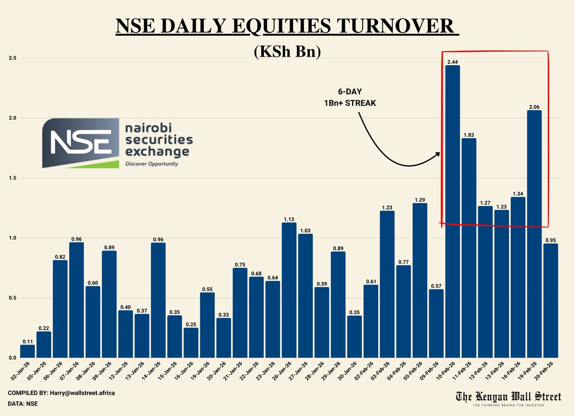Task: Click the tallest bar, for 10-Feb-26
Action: click(x=452, y=211)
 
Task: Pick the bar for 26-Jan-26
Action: click(x=289, y=290)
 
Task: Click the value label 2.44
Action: click(x=452, y=62)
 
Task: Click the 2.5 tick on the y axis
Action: click(x=12, y=58)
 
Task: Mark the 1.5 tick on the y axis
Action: click(x=12, y=178)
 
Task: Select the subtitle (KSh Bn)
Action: click(x=287, y=51)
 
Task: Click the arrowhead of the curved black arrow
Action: click(x=437, y=154)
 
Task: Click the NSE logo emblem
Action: click(x=80, y=142)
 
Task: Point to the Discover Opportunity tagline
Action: click(x=151, y=164)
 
